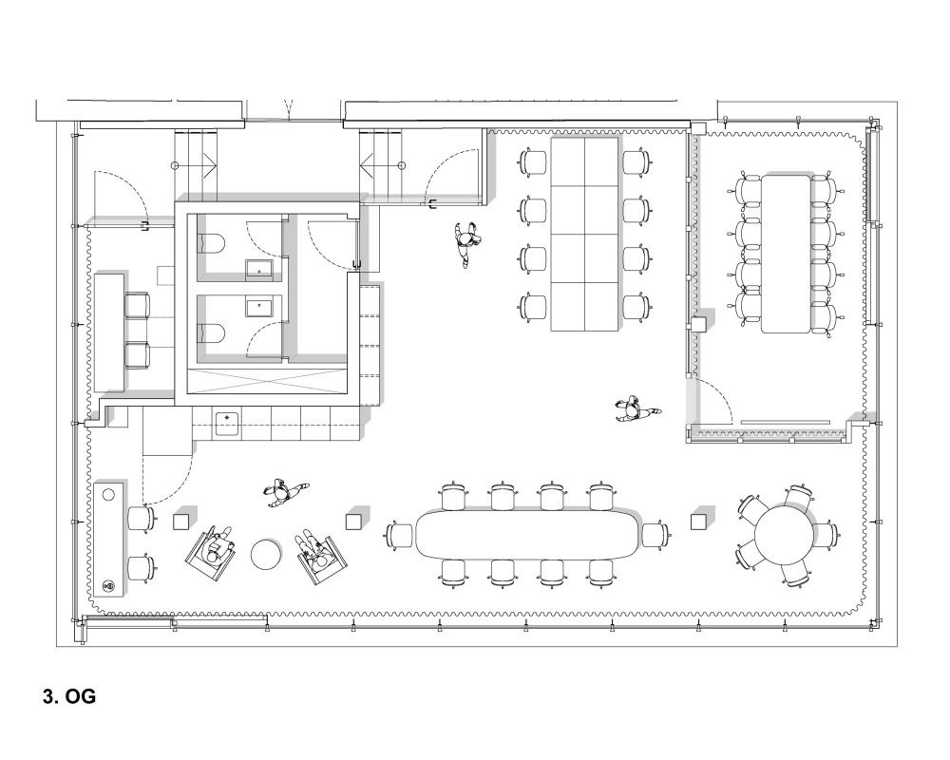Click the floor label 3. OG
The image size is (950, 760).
pos(69,696)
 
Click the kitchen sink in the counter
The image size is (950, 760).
pos(227,424)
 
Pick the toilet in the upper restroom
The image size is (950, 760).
pos(212,244)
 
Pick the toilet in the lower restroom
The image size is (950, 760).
pos(212,333)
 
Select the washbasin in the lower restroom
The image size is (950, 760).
pos(260,306)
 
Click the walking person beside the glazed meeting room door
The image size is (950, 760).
pos(636,411)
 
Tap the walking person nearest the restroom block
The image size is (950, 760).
pos(466,243)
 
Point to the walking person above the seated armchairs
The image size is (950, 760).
pos(283,492)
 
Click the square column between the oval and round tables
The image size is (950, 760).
pos(699,522)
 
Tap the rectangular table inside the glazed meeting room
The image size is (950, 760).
pos(786,254)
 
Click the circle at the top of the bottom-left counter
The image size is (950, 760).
pos(108,495)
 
